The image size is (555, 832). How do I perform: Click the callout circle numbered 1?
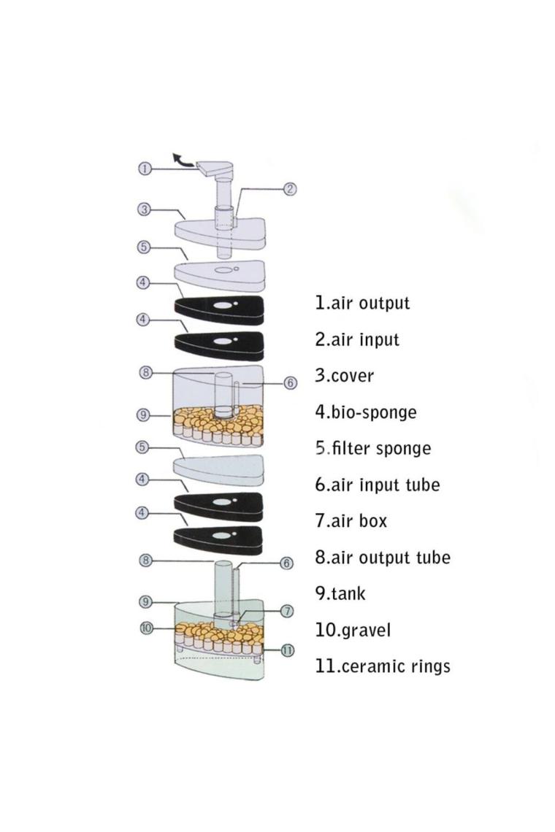click(x=145, y=169)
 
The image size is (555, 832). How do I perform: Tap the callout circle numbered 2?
click(x=290, y=189)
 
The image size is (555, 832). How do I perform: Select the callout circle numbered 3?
click(x=145, y=209)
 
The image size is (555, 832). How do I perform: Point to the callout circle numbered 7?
click(x=287, y=610)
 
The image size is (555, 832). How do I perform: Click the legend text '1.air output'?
click(x=362, y=303)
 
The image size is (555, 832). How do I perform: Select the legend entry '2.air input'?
click(x=357, y=339)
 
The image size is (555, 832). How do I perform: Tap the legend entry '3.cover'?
click(x=345, y=376)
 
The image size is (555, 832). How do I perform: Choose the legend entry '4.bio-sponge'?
click(x=366, y=412)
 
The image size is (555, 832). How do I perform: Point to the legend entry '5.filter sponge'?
click(x=373, y=448)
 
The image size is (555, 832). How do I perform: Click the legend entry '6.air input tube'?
click(x=378, y=484)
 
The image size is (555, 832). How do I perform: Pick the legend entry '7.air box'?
click(x=351, y=520)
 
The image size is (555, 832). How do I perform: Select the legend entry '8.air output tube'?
click(x=383, y=558)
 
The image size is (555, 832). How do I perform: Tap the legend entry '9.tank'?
click(x=340, y=593)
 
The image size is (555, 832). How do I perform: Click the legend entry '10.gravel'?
click(x=353, y=629)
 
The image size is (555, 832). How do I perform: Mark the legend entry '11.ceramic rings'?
click(x=383, y=666)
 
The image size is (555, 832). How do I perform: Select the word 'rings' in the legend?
click(x=429, y=666)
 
